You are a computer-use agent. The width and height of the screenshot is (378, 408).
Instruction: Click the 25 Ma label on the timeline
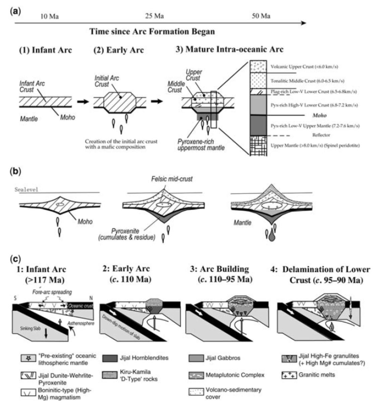(154, 16)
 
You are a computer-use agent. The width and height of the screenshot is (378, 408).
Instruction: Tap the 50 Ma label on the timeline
(261, 16)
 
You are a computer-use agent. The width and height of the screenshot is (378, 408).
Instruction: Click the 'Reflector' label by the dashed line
(321, 135)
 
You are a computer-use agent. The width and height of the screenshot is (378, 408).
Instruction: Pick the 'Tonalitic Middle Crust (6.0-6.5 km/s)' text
(307, 81)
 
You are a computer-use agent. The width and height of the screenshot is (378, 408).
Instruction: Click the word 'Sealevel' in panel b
(27, 189)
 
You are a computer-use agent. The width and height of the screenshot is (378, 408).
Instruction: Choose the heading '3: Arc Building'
(219, 269)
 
